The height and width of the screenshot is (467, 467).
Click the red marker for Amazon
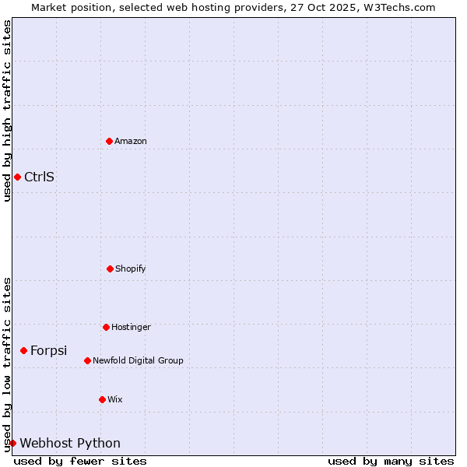click(x=109, y=141)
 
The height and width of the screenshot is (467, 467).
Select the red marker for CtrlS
click(x=17, y=177)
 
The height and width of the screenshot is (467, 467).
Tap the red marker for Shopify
click(x=110, y=269)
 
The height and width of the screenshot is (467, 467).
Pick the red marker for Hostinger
click(x=106, y=327)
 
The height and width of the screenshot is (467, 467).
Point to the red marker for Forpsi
click(x=23, y=350)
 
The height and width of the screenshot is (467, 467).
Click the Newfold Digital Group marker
click(x=87, y=360)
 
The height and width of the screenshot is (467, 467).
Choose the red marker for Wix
click(x=102, y=399)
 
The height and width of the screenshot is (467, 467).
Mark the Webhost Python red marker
click(x=12, y=443)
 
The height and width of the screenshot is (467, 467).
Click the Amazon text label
click(x=131, y=141)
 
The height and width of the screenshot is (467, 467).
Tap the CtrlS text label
click(x=39, y=177)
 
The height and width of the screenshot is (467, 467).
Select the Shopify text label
click(x=131, y=269)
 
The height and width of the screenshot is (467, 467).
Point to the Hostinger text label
click(x=131, y=327)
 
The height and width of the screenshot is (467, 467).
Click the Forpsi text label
click(x=48, y=350)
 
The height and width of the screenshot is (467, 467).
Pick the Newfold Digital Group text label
click(x=138, y=360)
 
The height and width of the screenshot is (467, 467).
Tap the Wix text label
click(x=115, y=399)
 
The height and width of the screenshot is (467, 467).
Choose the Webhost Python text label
click(x=70, y=443)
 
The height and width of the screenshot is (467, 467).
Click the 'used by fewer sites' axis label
click(x=80, y=461)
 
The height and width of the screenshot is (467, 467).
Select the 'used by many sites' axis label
click(x=391, y=461)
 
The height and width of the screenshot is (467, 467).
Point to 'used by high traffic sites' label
click(x=7, y=111)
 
